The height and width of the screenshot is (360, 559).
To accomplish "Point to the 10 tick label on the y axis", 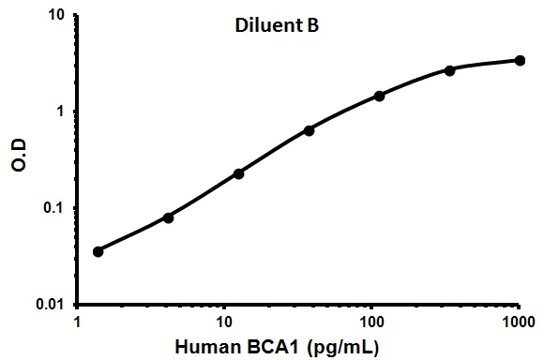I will (55, 16).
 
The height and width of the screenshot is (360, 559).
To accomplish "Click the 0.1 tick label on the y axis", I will (53, 208).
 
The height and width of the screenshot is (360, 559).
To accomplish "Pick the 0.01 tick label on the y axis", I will (50, 305).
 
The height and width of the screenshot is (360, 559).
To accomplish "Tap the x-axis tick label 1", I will (77, 321).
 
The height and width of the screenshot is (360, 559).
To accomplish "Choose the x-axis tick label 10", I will (224, 321).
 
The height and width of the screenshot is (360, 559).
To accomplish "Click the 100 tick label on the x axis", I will (371, 321).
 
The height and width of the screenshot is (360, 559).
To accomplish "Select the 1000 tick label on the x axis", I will (518, 321).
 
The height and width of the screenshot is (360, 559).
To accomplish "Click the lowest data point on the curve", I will (98, 251).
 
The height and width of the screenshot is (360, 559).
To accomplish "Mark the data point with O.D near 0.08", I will (169, 217).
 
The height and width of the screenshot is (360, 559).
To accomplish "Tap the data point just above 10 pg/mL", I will (239, 173).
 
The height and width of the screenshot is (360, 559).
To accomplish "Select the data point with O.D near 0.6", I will (310, 130).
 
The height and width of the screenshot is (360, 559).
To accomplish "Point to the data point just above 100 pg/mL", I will (380, 96).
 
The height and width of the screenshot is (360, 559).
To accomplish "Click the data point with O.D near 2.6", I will (450, 70).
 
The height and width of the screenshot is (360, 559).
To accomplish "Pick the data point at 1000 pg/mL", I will (521, 61).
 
